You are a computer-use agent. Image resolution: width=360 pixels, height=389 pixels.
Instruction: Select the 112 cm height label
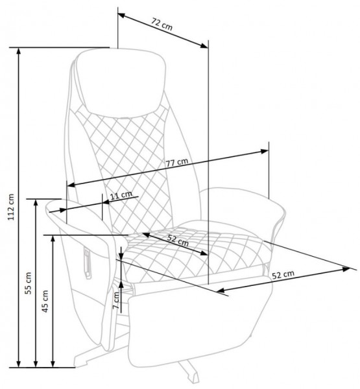(x=11, y=207)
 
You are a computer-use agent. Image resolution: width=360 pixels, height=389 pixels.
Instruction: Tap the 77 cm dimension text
(x=177, y=163)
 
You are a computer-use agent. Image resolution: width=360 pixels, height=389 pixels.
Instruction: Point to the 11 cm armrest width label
(x=121, y=195)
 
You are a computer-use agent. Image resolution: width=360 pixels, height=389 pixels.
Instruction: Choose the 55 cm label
(x=29, y=283)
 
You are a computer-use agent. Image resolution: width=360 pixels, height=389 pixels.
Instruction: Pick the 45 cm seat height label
(x=45, y=301)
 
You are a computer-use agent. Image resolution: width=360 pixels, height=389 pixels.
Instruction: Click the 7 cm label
(x=116, y=300)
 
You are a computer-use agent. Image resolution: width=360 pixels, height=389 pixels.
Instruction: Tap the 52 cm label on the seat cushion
(x=178, y=240)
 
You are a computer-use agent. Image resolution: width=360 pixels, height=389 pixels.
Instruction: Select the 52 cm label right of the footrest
(x=283, y=275)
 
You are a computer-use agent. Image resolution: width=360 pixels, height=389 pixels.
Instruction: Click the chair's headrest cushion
(x=121, y=82)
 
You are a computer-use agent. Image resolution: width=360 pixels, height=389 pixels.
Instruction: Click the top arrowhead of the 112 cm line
(x=19, y=51)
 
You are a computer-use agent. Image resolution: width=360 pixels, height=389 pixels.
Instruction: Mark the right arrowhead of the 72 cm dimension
(x=204, y=45)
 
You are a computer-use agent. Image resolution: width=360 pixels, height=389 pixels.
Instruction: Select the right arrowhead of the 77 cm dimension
(x=264, y=151)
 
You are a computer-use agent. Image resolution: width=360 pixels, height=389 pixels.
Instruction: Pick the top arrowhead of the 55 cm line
(x=36, y=203)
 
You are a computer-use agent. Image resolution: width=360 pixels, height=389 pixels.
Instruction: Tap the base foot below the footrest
(x=190, y=372)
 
